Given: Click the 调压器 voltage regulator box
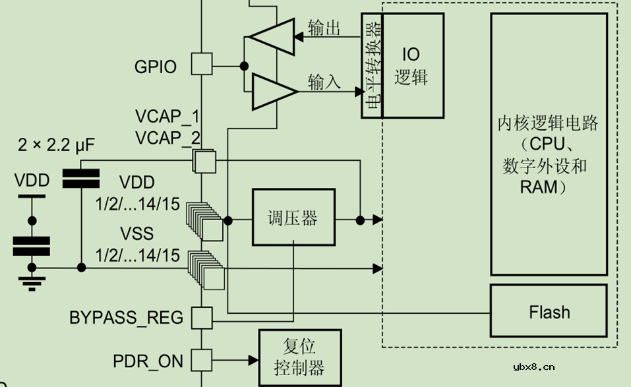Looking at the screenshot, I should coord(293,218).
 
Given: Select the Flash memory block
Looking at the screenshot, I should coord(549,312).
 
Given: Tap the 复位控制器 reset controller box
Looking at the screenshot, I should coord(299,358).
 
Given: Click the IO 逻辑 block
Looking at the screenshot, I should coord(411,66).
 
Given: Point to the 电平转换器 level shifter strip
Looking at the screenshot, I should coord(372,66).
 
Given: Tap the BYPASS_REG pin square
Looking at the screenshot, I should coord(202,317).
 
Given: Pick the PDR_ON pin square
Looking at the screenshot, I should coord(202,360).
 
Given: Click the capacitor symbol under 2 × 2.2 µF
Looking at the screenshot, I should coord(80,178).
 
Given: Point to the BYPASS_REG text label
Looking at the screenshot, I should coord(127,318).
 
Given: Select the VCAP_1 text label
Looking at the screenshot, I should coord(167,117).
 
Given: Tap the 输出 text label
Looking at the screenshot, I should coord(324,28).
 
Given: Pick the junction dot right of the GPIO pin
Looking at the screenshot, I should coord(244,65).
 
